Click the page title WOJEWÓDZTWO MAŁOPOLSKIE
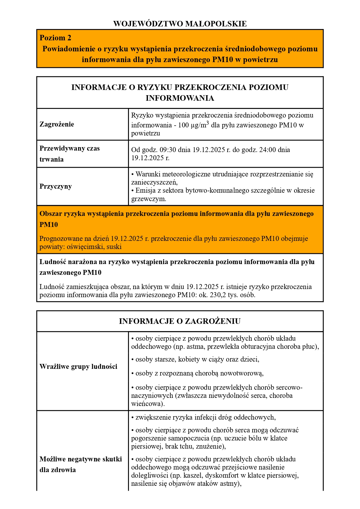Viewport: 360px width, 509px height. (180, 24)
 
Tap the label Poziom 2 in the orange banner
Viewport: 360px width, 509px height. (55, 38)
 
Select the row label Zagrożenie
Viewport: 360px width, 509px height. (57, 124)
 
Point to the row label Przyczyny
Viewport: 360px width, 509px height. (55, 186)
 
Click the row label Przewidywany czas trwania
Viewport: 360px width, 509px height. (69, 154)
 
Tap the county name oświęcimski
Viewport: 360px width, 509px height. (85, 247)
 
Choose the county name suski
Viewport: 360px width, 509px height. (114, 247)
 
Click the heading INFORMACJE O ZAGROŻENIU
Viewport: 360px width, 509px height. (180, 321)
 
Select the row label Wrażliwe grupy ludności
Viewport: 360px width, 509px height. (78, 367)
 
